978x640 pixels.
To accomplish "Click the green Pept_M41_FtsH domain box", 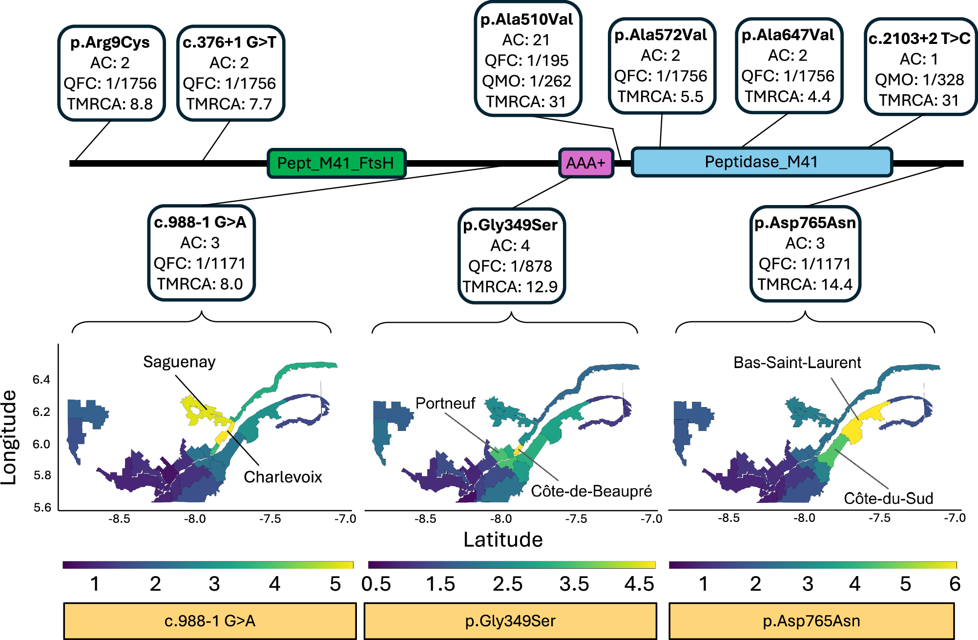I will click(x=336, y=163).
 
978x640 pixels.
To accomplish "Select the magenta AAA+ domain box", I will click(x=585, y=163).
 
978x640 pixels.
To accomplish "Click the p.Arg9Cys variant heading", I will click(x=110, y=42).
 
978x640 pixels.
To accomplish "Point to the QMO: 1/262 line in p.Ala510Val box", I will click(x=526, y=81).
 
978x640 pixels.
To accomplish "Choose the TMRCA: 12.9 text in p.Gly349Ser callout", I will click(x=510, y=287).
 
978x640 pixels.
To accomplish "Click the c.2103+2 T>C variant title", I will click(x=919, y=39).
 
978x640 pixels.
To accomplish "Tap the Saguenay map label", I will click(x=179, y=362).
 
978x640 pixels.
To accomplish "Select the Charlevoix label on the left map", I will click(x=283, y=477).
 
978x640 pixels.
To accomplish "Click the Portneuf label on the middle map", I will click(x=445, y=403).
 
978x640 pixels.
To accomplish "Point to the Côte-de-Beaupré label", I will click(x=591, y=491).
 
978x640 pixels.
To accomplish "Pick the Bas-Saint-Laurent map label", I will click(x=797, y=363).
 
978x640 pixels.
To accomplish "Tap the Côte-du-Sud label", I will click(x=888, y=498).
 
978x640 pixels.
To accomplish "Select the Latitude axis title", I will click(x=503, y=540).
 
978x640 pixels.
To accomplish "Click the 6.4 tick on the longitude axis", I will click(x=42, y=380).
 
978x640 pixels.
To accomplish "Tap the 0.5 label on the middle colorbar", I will click(x=376, y=584).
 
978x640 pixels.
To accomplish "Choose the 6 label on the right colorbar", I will click(x=955, y=584).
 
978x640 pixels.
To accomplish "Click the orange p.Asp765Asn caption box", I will click(x=811, y=621).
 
